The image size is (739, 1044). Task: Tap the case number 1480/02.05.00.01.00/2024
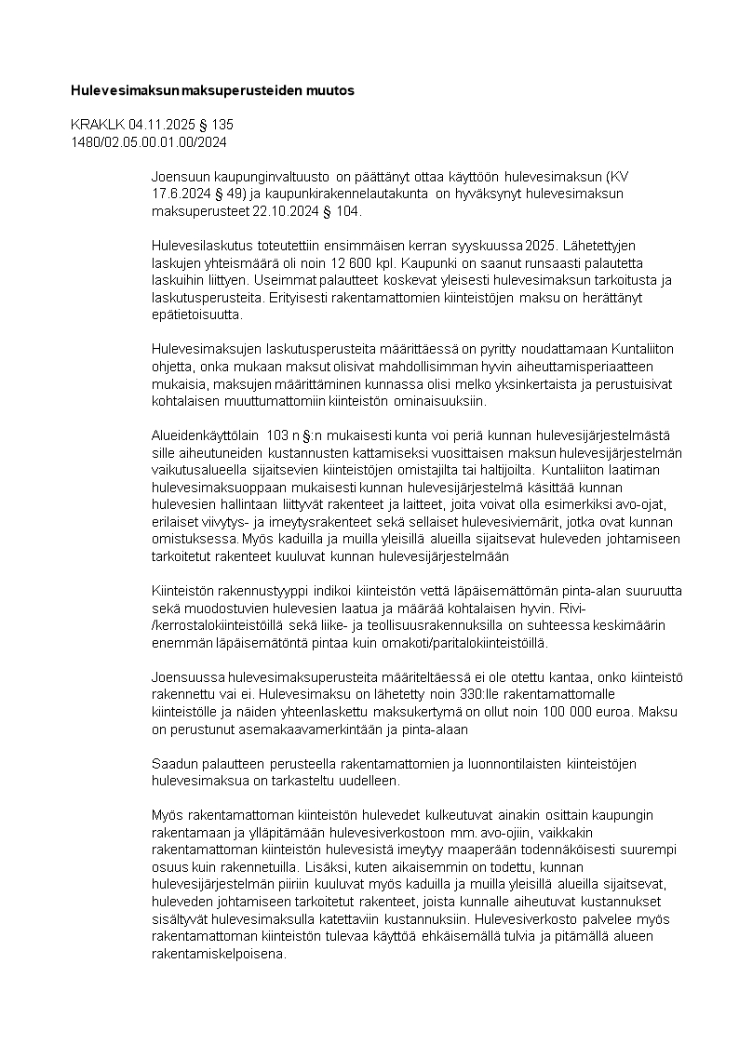point(149,141)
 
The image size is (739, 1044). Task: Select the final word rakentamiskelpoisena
point(220,955)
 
